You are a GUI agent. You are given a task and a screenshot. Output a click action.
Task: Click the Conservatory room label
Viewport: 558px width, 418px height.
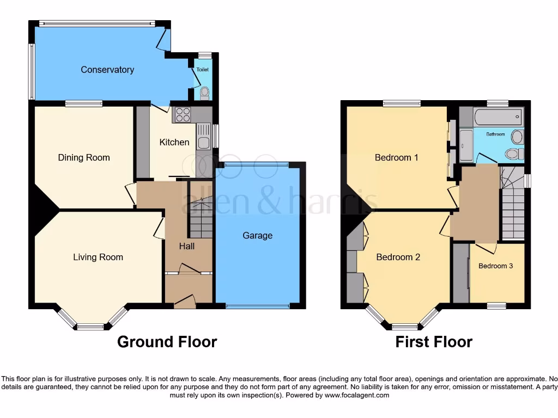point(107,70)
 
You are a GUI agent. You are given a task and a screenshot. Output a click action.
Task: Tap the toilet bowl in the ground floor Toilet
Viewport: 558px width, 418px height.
point(204,93)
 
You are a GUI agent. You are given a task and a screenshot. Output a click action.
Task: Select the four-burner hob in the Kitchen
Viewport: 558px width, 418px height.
point(183,115)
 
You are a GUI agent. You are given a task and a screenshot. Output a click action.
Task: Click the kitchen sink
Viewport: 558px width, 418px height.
point(203,136)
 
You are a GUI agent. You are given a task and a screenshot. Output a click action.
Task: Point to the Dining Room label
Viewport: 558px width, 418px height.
point(84,158)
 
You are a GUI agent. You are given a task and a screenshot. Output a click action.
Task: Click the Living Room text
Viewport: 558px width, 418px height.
point(98,257)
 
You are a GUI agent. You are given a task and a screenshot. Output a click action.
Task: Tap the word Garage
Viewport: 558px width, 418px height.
point(257,236)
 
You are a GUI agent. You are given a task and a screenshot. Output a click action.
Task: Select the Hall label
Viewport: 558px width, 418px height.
point(187,247)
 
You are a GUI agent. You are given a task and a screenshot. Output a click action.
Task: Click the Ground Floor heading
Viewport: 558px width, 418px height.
point(167,342)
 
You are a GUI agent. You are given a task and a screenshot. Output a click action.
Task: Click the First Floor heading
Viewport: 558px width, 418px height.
point(434,342)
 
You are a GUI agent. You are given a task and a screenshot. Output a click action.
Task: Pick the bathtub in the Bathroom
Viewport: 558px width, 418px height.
point(498,117)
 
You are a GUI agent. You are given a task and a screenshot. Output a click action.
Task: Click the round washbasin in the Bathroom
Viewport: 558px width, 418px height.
point(517,137)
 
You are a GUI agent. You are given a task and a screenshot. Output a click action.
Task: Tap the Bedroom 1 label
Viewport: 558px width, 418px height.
point(396,158)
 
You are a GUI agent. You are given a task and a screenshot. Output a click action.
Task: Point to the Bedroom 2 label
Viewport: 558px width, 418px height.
point(398,257)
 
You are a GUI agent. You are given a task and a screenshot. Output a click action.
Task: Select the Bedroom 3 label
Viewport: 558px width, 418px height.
point(495,266)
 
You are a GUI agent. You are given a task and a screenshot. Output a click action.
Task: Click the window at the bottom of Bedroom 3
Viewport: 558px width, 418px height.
point(496,306)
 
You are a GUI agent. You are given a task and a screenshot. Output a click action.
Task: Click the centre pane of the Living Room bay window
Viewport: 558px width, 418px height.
point(90,327)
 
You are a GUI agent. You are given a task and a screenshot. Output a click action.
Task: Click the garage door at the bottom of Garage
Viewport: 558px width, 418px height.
point(258,306)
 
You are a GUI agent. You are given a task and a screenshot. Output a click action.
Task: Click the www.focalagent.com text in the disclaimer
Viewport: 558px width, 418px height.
point(357,395)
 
